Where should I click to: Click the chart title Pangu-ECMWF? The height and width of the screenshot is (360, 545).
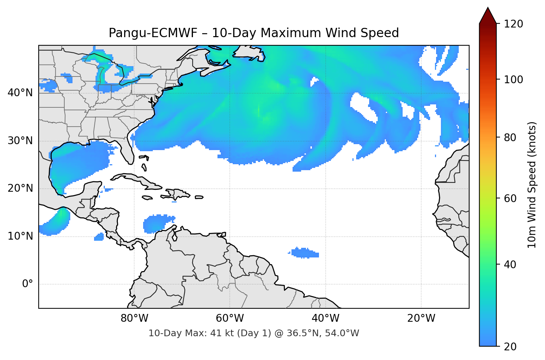(x=254, y=33)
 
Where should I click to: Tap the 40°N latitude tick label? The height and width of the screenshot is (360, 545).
(x=20, y=93)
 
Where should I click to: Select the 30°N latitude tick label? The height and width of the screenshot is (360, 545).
(x=20, y=141)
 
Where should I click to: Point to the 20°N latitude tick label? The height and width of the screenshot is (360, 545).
(x=20, y=188)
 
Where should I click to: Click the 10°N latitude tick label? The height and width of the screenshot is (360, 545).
(x=20, y=236)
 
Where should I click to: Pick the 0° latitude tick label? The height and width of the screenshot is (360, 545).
(x=28, y=284)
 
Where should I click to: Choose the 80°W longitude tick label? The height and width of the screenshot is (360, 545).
(x=134, y=318)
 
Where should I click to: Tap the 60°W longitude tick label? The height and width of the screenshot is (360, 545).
(x=230, y=318)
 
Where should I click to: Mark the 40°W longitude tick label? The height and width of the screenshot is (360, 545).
(x=325, y=318)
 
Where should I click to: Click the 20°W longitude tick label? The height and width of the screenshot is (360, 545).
(x=421, y=318)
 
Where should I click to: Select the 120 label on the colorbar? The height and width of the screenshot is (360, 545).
(x=513, y=24)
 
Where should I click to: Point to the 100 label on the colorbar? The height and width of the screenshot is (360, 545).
(x=513, y=80)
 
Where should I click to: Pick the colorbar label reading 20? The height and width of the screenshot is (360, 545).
(x=510, y=347)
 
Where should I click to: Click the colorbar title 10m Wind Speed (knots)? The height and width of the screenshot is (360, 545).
(x=532, y=185)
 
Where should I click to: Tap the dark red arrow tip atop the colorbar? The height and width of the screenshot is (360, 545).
(x=488, y=16)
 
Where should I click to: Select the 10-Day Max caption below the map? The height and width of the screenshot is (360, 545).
(x=254, y=333)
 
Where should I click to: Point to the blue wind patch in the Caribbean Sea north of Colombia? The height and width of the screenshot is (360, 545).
(x=158, y=224)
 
